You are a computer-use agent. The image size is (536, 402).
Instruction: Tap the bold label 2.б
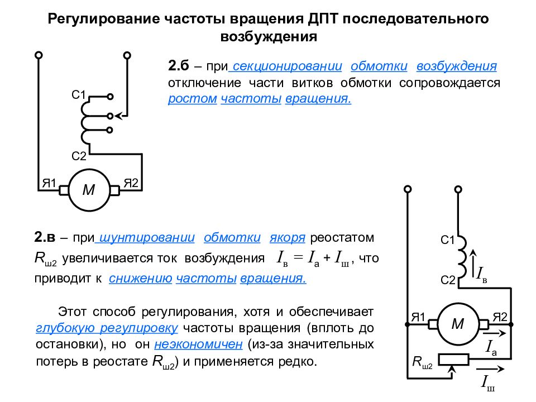point(179,65)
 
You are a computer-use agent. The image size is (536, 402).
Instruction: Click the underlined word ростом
point(193,98)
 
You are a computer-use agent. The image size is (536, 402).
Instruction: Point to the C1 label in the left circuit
point(78,95)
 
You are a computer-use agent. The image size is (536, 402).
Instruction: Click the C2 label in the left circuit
point(79,156)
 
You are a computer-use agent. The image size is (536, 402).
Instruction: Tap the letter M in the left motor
point(89,190)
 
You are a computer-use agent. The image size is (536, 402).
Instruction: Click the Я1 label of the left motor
point(49,183)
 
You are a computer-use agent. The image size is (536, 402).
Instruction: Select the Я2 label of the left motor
point(131,183)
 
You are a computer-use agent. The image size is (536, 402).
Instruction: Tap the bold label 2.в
point(45,237)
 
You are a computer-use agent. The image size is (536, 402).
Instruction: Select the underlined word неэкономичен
point(198,344)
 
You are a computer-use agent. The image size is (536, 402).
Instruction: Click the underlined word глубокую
point(65,328)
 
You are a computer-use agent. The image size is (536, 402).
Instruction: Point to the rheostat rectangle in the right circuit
point(453,360)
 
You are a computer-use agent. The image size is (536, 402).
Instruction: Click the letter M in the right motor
point(458,323)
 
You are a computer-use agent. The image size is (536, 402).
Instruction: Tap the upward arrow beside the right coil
point(473,264)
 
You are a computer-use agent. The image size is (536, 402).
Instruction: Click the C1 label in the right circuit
point(447,240)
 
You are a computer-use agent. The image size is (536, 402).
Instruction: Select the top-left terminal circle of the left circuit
point(39,55)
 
